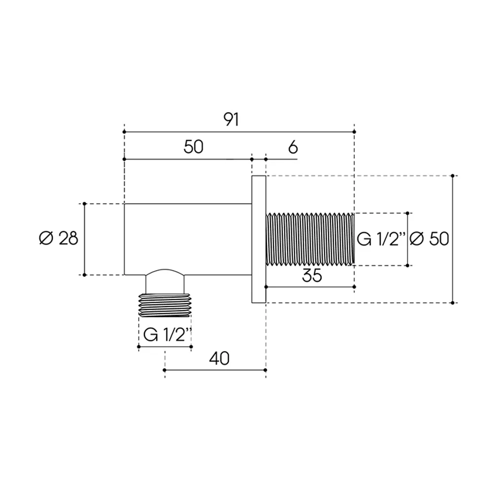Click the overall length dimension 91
coord(231,119)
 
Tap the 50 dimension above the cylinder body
coord(194,147)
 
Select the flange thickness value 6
coord(293,147)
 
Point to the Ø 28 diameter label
coord(59,238)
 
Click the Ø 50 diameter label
coord(429,239)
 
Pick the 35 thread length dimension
coord(312,276)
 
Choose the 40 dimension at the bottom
coord(219,358)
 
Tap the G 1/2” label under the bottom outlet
coord(167,335)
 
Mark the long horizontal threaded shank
coord(310,239)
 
